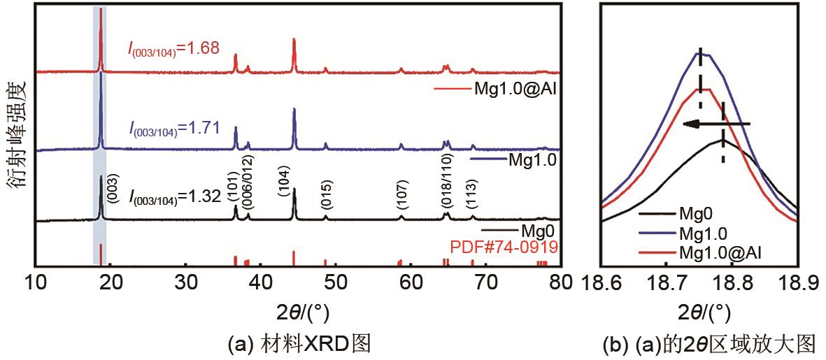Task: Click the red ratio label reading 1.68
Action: (x=174, y=48)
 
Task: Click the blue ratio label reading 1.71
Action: (x=174, y=128)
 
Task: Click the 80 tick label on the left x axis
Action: (x=559, y=284)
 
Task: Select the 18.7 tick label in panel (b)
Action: (x=667, y=285)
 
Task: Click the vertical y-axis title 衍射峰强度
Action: (x=17, y=134)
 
